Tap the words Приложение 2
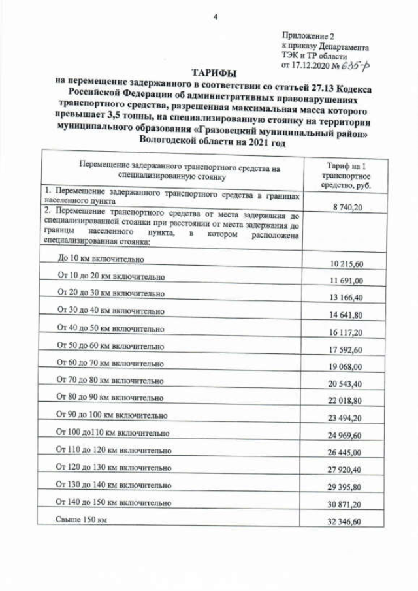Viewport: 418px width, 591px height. coord(308,36)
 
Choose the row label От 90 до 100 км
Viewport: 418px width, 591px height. coord(112,415)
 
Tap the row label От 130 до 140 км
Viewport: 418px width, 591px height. coord(114,485)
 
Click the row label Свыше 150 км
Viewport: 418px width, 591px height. coord(81,519)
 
